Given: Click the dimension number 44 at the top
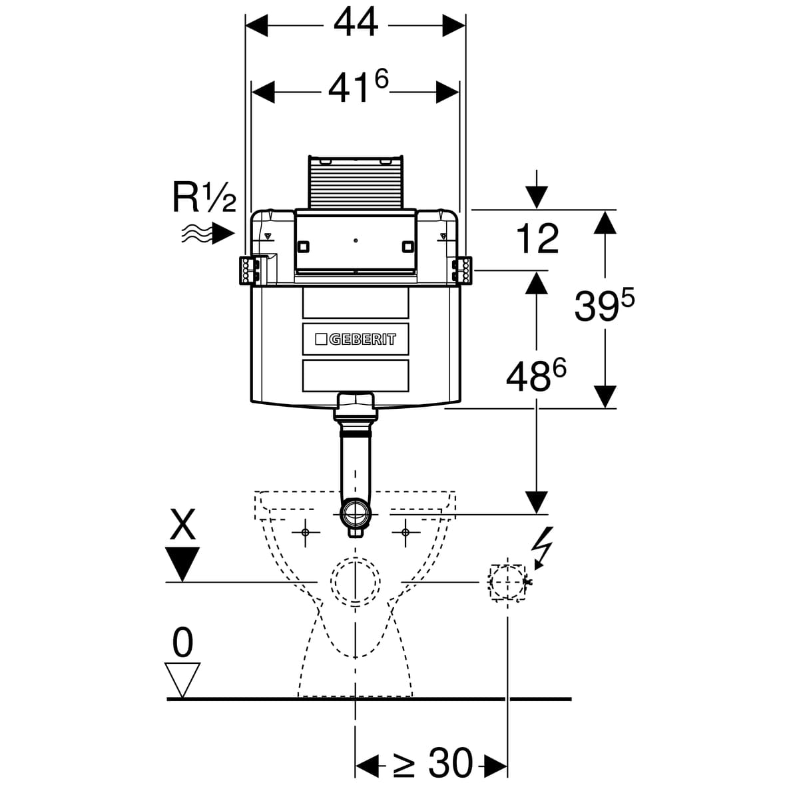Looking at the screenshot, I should coord(356,24).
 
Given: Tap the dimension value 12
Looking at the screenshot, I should coord(537,239).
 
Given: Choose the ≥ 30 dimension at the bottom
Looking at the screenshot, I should coord(433,763).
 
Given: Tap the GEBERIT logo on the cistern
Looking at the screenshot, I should coord(356,339).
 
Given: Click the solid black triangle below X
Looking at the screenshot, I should coord(182,563).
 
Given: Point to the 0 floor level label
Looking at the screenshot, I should coord(182,643).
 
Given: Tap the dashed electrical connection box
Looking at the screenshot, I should coord(508,583).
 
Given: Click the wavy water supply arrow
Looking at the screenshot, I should coord(208,233).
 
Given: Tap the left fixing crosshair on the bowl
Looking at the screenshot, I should coord(306,532).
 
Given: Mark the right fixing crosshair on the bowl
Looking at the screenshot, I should coord(405,532).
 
